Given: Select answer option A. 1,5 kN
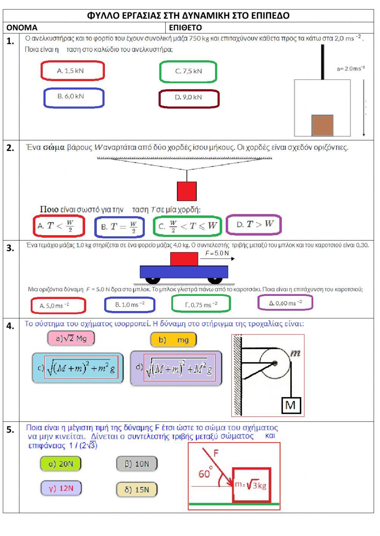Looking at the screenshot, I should tap(72, 71).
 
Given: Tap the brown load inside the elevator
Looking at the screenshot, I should tap(322, 125).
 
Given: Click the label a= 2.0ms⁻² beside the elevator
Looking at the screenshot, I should tap(350, 69).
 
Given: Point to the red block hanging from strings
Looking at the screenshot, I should tap(187, 191).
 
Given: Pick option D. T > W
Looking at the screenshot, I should tap(253, 225).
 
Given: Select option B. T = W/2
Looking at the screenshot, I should tap(119, 226).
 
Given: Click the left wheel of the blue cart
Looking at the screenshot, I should tap(153, 280).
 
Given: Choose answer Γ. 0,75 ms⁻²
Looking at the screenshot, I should tap(201, 304).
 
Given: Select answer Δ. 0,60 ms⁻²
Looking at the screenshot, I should tap(285, 303).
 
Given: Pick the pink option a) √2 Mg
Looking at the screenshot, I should tap(71, 338).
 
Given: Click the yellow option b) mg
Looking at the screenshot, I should tap(173, 340).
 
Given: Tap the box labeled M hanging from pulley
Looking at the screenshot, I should tap(290, 405).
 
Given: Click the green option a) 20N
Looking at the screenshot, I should tap(61, 464).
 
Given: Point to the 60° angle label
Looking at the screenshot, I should tap(205, 473).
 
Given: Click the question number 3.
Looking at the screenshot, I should tap(11, 248).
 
